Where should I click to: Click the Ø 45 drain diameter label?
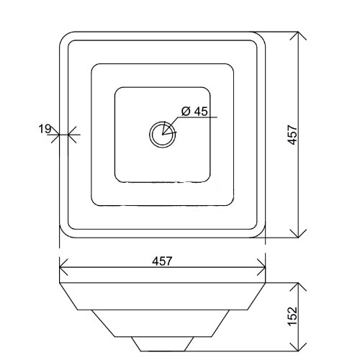coord(194,112)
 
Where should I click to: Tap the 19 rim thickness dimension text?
coord(45,129)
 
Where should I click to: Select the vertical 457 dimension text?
coord(292,135)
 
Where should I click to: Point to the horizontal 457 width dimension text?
coord(162,261)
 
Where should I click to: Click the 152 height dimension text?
coord(292,316)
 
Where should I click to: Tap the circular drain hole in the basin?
coord(163,135)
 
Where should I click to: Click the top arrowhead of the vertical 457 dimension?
coord(298,36)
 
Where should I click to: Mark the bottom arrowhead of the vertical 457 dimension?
coord(298,233)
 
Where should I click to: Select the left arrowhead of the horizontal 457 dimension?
coord(63,267)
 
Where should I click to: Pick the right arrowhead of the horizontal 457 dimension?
coord(261,267)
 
